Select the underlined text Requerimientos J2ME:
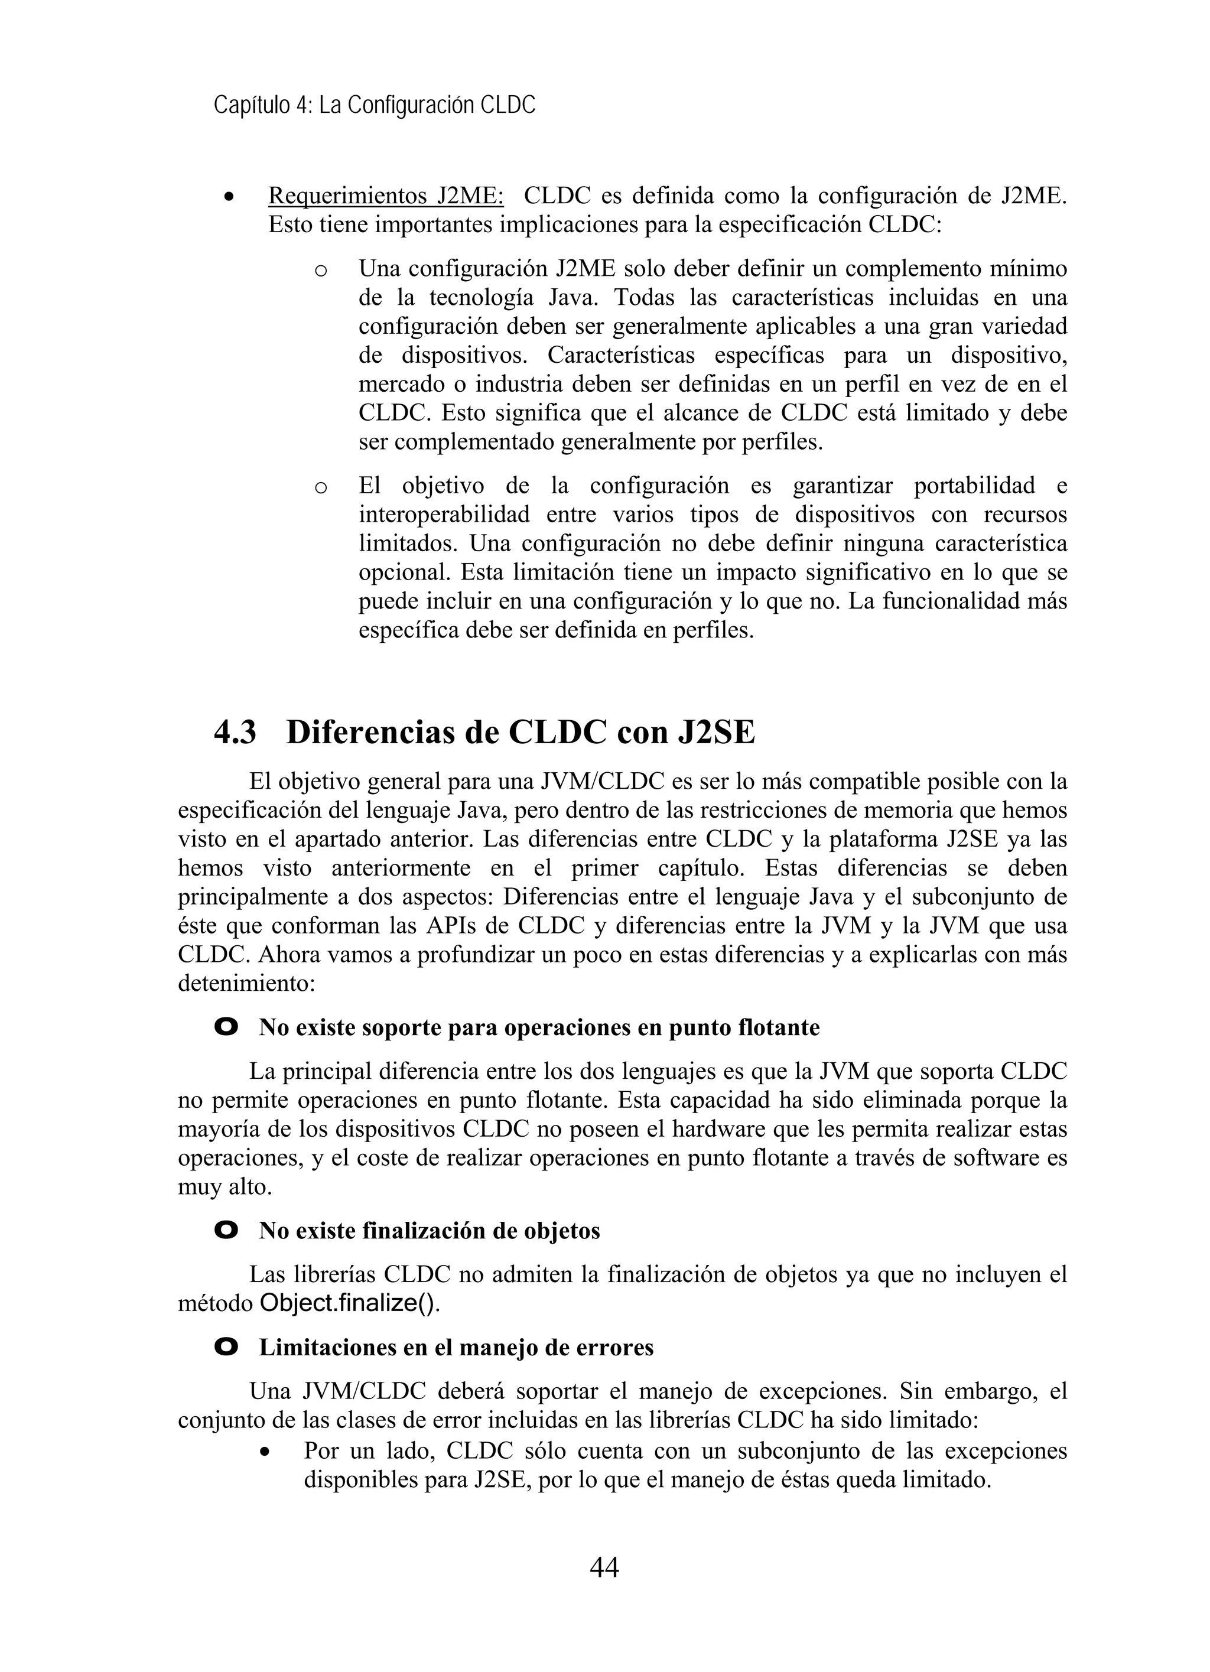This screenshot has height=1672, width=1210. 386,196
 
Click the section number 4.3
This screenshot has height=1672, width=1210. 235,732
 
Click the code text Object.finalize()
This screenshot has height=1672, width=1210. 349,1303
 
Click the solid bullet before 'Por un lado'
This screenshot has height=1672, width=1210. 265,1452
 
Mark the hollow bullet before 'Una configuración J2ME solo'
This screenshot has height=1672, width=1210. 320,271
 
